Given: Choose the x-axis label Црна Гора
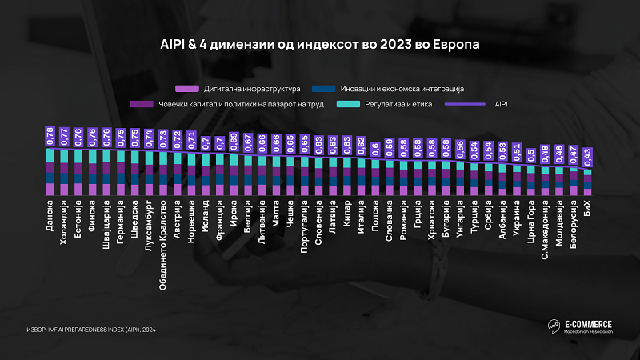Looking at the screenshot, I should tap(531, 228).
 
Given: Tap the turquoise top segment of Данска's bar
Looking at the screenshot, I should tap(50, 154).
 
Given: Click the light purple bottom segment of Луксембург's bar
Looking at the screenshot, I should tap(149, 190).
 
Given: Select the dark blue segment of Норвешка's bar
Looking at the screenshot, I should tap(192, 181).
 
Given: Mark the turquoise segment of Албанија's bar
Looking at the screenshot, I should tap(503, 169).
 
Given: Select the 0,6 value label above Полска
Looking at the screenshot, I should tap(376, 149).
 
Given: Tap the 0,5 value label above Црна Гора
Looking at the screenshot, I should tap(531, 154).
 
